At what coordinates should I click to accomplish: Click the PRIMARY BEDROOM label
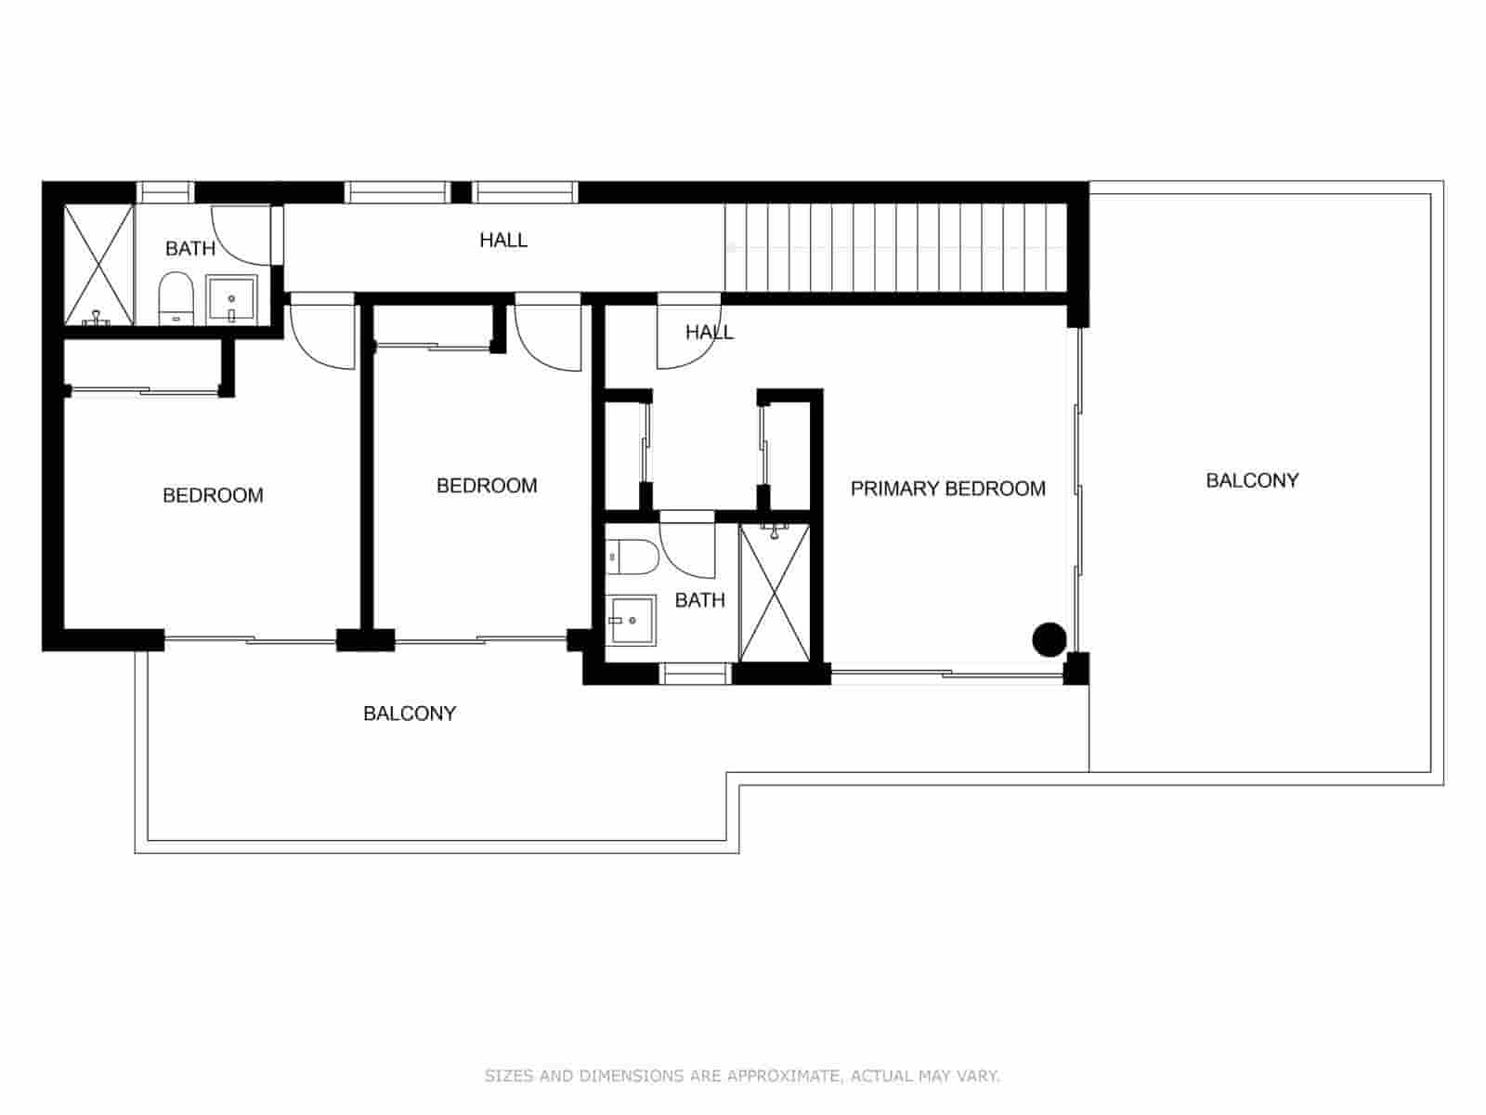(x=947, y=489)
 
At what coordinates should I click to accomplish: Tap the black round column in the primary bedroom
(x=1049, y=639)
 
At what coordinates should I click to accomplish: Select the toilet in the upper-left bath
(x=175, y=298)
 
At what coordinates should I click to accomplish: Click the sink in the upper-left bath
(x=228, y=298)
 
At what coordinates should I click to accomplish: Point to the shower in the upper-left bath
(x=98, y=265)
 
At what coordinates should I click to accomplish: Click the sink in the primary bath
(x=632, y=621)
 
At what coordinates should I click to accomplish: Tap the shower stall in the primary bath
(x=774, y=593)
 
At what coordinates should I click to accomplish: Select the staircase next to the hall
(x=895, y=247)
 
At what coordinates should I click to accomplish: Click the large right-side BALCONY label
(x=1251, y=480)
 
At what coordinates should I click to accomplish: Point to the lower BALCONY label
(x=409, y=714)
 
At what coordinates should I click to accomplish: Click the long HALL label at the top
(x=503, y=241)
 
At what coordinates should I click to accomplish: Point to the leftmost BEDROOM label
(x=213, y=495)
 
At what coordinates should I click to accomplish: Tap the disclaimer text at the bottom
(x=742, y=1076)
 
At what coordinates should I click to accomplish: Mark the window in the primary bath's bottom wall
(x=696, y=674)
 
